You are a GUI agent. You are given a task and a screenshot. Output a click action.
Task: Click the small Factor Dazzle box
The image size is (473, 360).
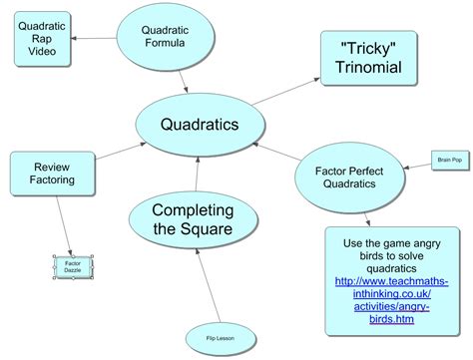[73, 266]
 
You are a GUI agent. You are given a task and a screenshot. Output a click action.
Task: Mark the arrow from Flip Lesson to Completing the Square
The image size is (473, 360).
[206, 289]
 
